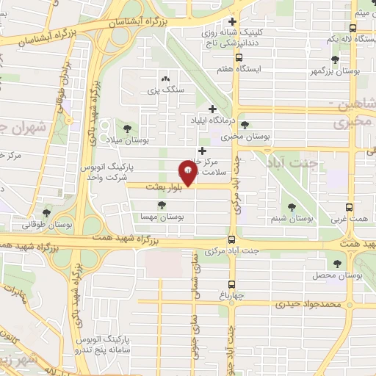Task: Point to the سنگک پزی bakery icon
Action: click(x=165, y=78)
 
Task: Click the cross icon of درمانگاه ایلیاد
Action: click(x=212, y=109)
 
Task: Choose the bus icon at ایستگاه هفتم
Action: click(x=239, y=57)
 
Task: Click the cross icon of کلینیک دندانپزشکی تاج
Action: click(x=233, y=22)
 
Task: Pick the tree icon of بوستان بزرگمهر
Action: click(x=336, y=60)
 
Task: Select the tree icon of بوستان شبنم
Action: click(x=293, y=208)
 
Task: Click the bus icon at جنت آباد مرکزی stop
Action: click(x=232, y=239)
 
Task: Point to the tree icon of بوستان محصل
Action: click(x=339, y=262)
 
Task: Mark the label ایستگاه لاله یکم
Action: click(x=342, y=37)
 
